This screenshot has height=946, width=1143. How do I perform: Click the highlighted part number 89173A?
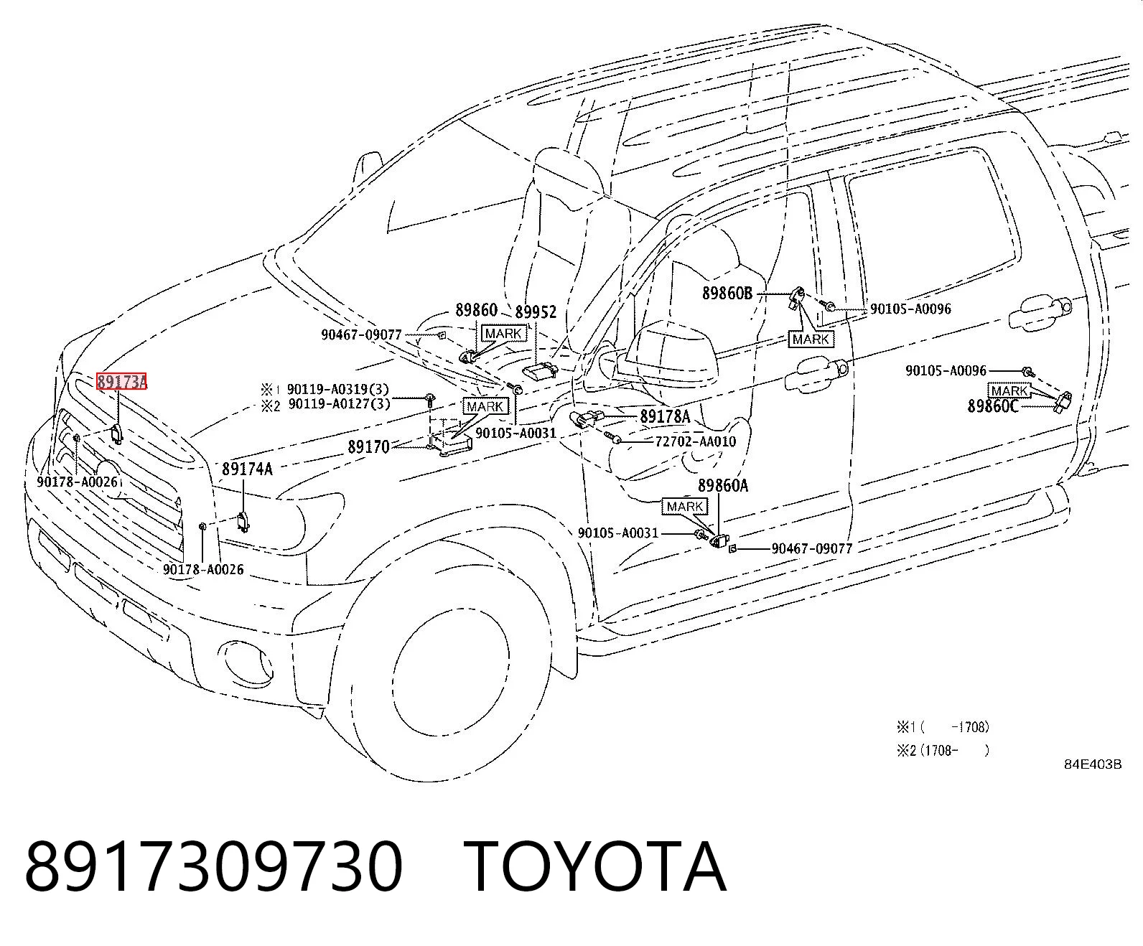tap(121, 381)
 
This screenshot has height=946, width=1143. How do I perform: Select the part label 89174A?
tap(247, 469)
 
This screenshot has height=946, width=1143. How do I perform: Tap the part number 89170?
tap(368, 447)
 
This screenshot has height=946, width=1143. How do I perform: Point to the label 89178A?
tap(665, 416)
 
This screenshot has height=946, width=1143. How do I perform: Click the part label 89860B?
tap(727, 294)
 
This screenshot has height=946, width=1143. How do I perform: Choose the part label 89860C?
tap(993, 406)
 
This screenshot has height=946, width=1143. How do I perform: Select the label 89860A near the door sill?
tap(722, 486)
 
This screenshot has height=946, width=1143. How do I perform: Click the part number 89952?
tap(536, 312)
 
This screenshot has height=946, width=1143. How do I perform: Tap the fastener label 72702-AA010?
tap(696, 441)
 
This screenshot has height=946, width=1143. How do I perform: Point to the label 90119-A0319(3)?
tap(337, 389)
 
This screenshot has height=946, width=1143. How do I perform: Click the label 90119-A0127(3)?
tap(339, 404)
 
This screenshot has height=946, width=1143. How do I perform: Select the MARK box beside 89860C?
tap(1009, 391)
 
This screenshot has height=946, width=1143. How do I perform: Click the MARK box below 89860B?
tap(811, 339)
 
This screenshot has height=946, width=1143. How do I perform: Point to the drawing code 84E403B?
tap(1093, 764)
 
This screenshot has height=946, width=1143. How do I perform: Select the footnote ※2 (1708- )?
tap(943, 750)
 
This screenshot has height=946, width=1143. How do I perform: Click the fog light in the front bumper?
tap(246, 661)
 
